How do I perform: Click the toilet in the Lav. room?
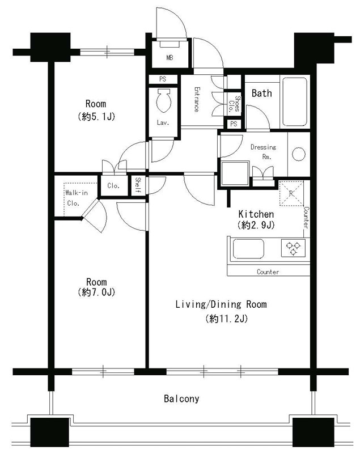point(164,100)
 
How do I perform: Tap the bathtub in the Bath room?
point(295,101)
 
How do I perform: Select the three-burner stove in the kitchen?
point(293,248)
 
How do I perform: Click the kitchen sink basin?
point(248,249)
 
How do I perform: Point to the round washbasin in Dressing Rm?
point(299,154)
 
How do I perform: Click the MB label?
point(170,58)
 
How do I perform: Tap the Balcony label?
point(181,398)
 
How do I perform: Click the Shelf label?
point(138,185)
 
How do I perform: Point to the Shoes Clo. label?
point(234,104)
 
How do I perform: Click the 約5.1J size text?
point(96,117)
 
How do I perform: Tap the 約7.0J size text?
point(96,292)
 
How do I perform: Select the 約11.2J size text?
point(226,319)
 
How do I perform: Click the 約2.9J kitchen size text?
point(256,225)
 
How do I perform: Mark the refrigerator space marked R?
point(291,193)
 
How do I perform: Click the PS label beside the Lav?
point(163,79)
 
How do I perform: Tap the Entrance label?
point(197,99)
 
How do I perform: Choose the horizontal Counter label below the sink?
point(268,272)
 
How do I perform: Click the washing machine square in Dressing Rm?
point(235,173)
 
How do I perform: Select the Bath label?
point(261,93)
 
